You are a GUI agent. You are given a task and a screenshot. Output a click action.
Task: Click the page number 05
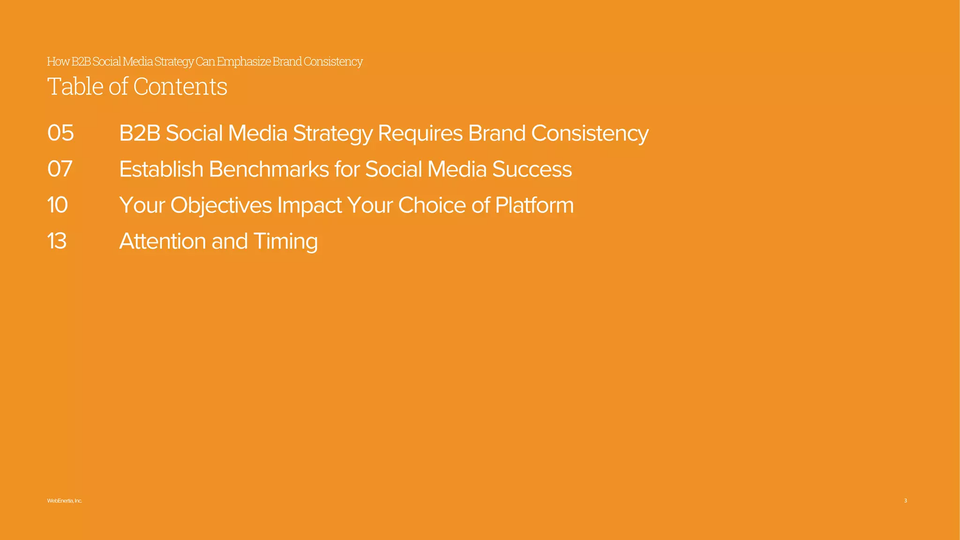pyautogui.click(x=60, y=133)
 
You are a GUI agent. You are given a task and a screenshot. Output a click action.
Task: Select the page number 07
pyautogui.click(x=60, y=169)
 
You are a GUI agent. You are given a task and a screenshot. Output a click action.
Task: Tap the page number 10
pyautogui.click(x=58, y=205)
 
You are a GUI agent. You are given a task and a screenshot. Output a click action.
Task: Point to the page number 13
pyautogui.click(x=57, y=241)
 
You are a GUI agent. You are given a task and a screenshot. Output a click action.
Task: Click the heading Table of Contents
pyautogui.click(x=137, y=87)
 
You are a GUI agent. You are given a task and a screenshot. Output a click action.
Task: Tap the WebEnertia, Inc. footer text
pyautogui.click(x=65, y=501)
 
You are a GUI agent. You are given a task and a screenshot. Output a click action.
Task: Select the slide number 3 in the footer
pyautogui.click(x=905, y=501)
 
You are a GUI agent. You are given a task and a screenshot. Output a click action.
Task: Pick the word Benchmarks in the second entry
pyautogui.click(x=269, y=169)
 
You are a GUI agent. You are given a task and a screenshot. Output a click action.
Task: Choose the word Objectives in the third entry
pyautogui.click(x=221, y=205)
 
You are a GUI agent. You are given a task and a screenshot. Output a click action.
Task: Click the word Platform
pyautogui.click(x=534, y=205)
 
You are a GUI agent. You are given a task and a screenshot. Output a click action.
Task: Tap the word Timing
pyautogui.click(x=285, y=241)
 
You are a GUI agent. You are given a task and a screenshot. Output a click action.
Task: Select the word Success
pyautogui.click(x=532, y=169)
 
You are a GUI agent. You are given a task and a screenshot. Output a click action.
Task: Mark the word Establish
pyautogui.click(x=161, y=169)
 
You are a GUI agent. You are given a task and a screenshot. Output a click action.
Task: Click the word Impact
pyautogui.click(x=309, y=205)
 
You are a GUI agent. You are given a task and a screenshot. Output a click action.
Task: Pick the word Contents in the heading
pyautogui.click(x=180, y=87)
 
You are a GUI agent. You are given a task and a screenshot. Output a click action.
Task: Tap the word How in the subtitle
pyautogui.click(x=58, y=62)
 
